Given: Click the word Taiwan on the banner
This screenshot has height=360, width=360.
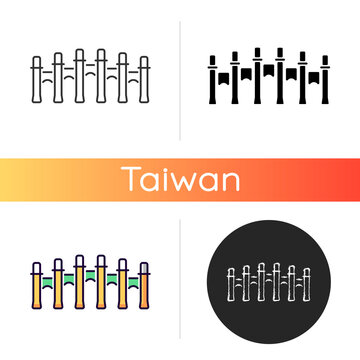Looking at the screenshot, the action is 180,180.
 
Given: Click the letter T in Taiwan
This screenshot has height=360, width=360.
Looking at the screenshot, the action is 134,180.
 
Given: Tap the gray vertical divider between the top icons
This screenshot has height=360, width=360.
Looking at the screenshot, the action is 180,75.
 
